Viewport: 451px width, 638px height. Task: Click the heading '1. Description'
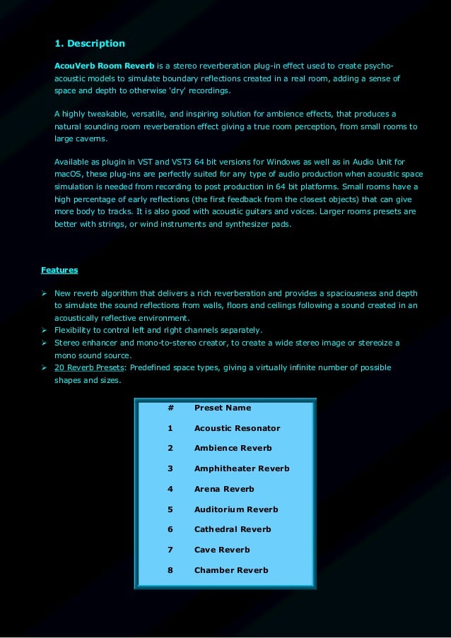pos(90,44)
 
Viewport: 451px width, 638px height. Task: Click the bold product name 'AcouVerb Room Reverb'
pos(104,65)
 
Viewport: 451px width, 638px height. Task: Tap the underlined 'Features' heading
pos(59,270)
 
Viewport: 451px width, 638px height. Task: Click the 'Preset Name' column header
pos(222,408)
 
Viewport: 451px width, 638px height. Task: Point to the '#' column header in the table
pos(170,408)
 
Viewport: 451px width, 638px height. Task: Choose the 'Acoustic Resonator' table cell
pos(237,428)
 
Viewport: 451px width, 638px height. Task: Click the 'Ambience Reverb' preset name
pos(233,448)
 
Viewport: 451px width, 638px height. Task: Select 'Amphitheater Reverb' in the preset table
pos(242,468)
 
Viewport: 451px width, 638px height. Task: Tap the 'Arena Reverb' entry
pos(224,489)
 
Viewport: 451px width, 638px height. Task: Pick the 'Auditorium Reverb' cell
pos(236,509)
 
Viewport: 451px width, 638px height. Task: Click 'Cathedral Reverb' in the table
pos(233,529)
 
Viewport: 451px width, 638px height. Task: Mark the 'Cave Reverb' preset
pos(222,550)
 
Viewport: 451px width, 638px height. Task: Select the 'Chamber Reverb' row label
pos(231,570)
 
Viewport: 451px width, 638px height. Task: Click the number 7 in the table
pos(170,550)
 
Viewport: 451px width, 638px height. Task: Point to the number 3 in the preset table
pos(170,468)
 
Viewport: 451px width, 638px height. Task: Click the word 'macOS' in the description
pos(69,173)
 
